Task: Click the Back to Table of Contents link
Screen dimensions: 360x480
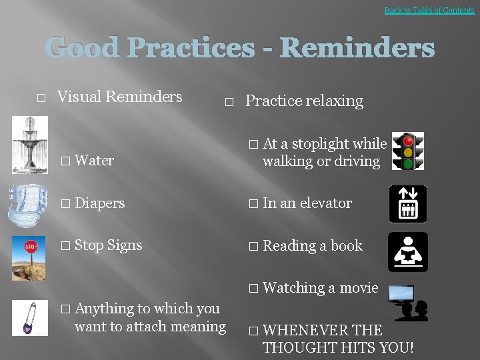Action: pyautogui.click(x=429, y=10)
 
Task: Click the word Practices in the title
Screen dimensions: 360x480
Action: pyautogui.click(x=191, y=48)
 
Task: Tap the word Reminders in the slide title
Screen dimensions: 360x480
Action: pyautogui.click(x=357, y=48)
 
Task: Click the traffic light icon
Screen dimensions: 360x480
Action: pyautogui.click(x=407, y=151)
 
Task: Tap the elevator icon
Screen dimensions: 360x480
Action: pyautogui.click(x=407, y=203)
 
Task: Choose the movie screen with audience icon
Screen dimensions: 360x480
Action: pyautogui.click(x=407, y=303)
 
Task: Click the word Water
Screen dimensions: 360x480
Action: pyautogui.click(x=95, y=160)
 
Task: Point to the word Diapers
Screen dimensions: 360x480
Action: pyautogui.click(x=100, y=203)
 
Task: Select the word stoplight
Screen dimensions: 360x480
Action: pyautogui.click(x=320, y=143)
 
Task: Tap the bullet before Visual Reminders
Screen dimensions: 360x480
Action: pyautogui.click(x=41, y=98)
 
